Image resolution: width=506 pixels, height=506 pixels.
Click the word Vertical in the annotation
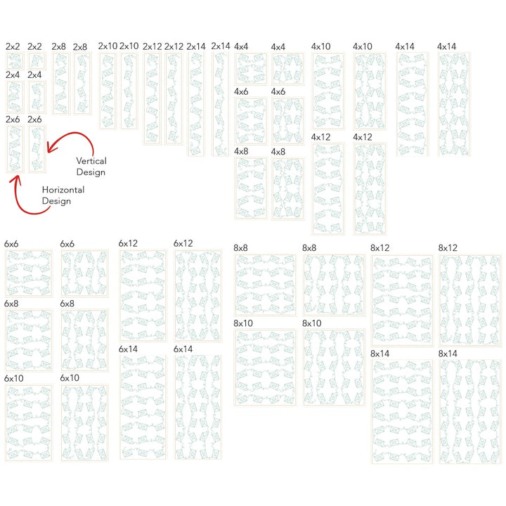[91, 161]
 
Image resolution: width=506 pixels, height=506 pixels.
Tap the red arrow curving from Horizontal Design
[21, 197]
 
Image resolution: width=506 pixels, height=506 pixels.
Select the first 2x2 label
[13, 46]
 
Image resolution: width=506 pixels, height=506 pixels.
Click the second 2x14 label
[220, 46]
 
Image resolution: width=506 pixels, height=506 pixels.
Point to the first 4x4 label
[241, 46]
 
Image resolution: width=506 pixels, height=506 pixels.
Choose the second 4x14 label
[446, 46]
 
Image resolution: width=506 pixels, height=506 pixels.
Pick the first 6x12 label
[128, 243]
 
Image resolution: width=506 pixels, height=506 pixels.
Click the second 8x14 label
[448, 353]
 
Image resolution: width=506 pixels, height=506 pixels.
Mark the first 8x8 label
[241, 247]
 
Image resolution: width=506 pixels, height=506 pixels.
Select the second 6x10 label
[70, 378]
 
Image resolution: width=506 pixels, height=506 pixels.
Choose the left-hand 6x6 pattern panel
[28, 273]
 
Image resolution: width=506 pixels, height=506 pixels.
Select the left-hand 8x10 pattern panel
[265, 367]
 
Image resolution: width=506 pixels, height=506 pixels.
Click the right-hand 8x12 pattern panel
[470, 300]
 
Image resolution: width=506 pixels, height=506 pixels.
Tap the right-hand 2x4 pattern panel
[36, 96]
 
